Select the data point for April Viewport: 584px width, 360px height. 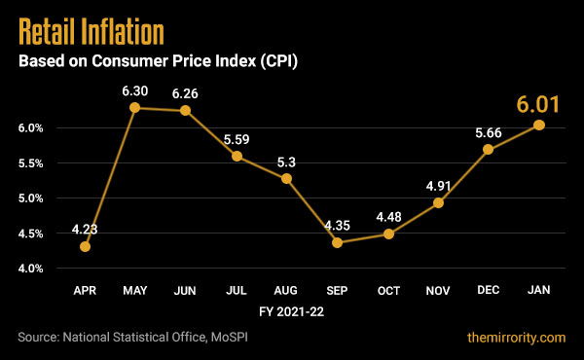[x=86, y=246]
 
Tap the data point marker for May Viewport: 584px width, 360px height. [x=135, y=107]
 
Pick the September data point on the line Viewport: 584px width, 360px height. [x=337, y=242]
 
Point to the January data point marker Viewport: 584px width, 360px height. [x=538, y=125]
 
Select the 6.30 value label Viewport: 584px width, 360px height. [x=135, y=90]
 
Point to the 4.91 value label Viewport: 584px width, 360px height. [x=438, y=183]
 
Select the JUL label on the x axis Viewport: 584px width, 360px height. [x=236, y=291]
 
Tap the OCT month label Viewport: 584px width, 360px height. [x=387, y=291]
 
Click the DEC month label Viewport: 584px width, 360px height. [x=488, y=291]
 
